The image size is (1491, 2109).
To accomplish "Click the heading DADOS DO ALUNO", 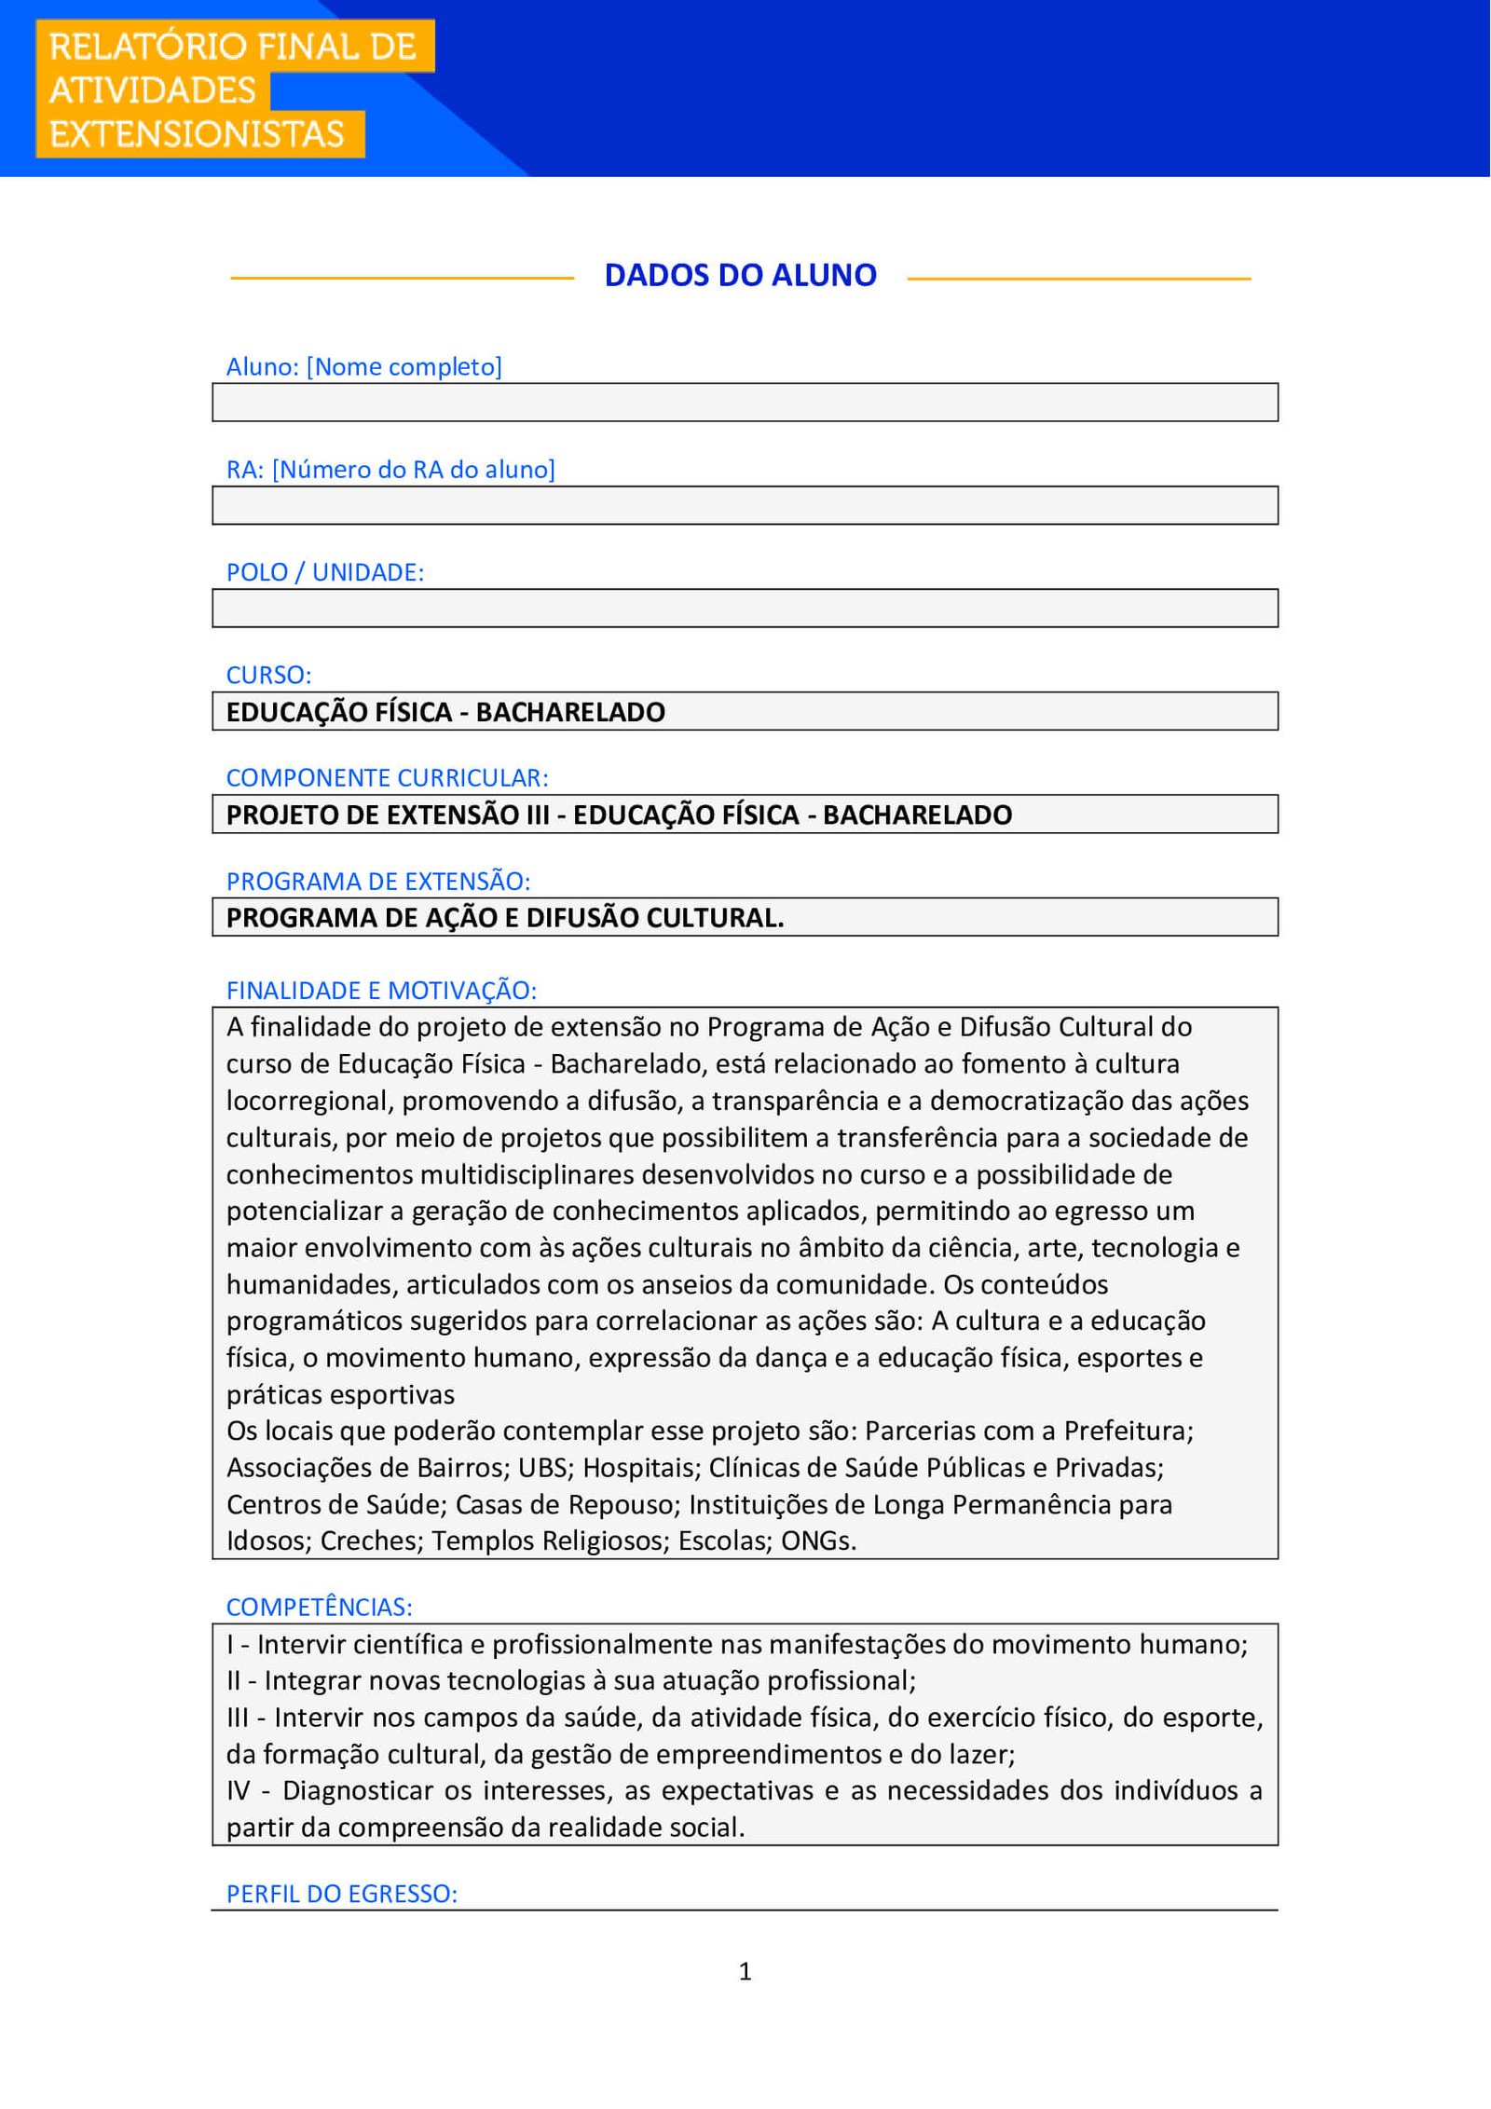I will [x=740, y=275].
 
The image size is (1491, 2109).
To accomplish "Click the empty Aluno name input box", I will [x=745, y=403].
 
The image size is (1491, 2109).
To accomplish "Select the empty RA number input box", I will [x=745, y=505].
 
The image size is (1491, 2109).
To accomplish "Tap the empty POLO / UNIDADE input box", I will [x=745, y=608].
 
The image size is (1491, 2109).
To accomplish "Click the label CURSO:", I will [x=268, y=675].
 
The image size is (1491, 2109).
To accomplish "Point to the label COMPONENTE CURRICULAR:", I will [x=387, y=777].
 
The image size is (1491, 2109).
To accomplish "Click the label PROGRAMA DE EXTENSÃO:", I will [x=377, y=881].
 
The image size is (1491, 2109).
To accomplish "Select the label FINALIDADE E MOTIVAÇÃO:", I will [x=381, y=990].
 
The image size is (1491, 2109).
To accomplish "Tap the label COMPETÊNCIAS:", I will [x=319, y=1607].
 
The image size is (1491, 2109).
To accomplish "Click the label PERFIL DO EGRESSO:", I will [x=341, y=1894].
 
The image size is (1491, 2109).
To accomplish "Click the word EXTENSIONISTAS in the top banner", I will [x=197, y=134].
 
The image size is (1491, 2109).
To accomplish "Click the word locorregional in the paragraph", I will [x=309, y=1101].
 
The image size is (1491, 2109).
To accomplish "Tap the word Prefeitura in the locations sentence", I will [x=1128, y=1431].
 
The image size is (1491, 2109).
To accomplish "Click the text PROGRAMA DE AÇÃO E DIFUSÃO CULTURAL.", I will [x=505, y=918].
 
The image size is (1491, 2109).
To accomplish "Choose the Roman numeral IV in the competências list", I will [x=239, y=1790].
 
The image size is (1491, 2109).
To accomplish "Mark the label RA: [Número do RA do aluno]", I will [x=390, y=469].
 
